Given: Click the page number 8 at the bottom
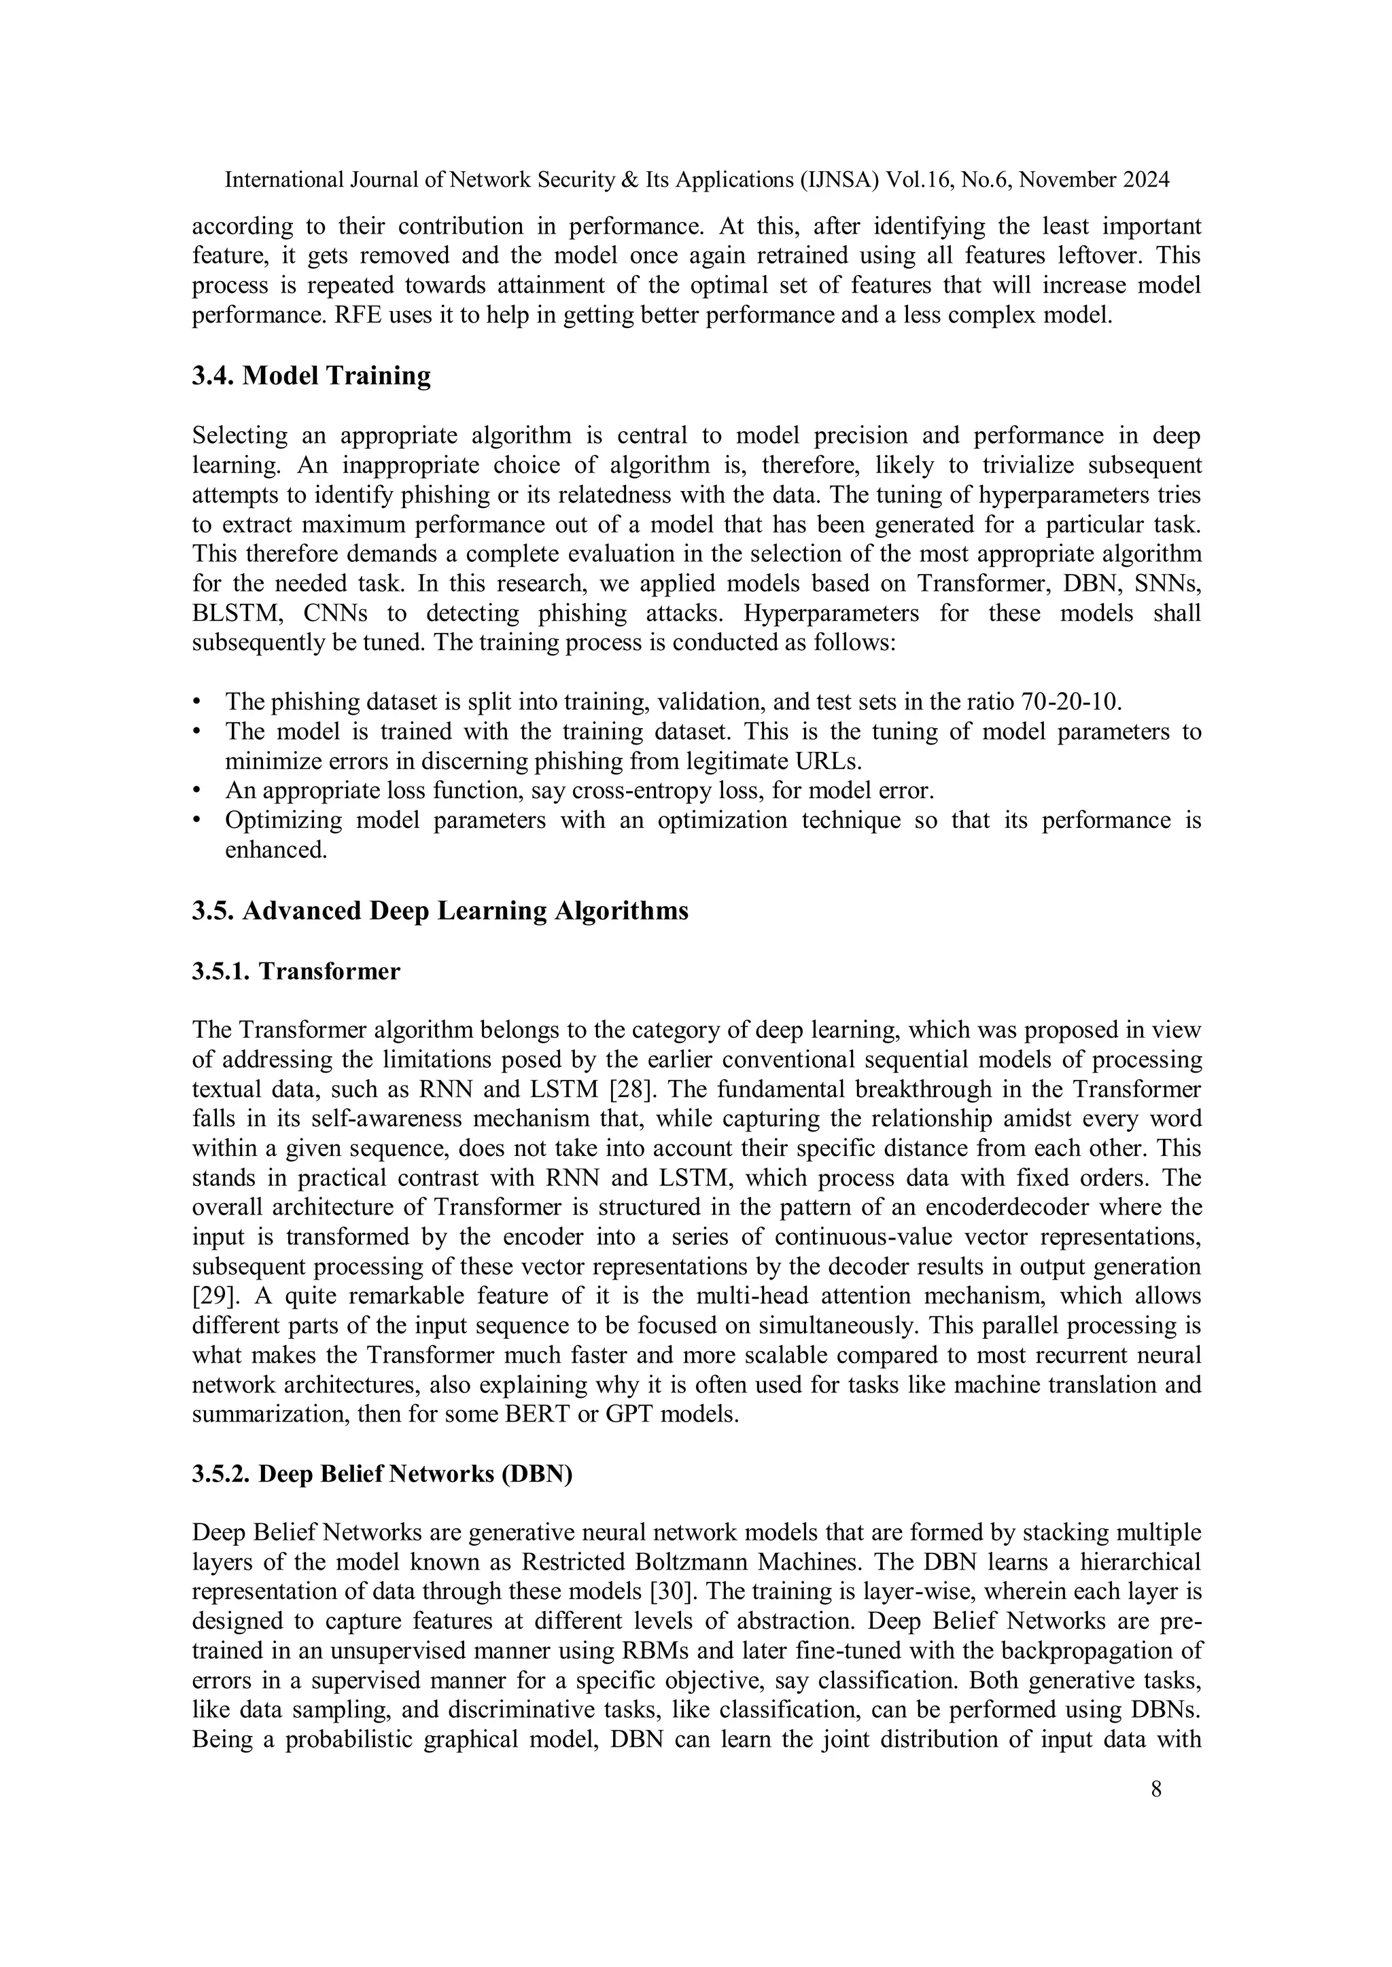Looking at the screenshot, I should pos(1156,1790).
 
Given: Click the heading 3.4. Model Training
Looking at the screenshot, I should pos(311,375).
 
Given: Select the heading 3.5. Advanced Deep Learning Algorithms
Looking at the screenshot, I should pos(440,910).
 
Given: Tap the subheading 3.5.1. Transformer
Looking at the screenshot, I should pos(296,971).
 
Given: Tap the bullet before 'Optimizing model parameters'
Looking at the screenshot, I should pos(197,820).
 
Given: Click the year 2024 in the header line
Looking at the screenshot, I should pos(1145,180).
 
